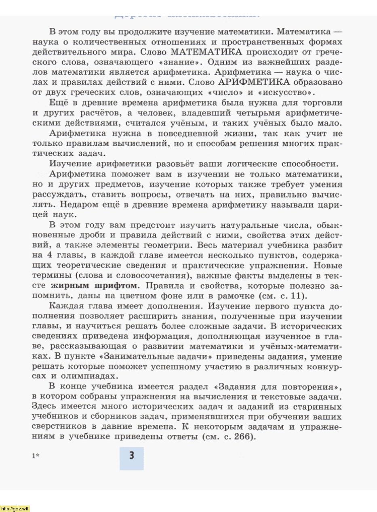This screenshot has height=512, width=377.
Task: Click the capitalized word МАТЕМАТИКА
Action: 206,52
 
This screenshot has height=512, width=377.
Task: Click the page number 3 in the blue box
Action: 131,456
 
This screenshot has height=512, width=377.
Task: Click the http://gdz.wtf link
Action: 15,508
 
